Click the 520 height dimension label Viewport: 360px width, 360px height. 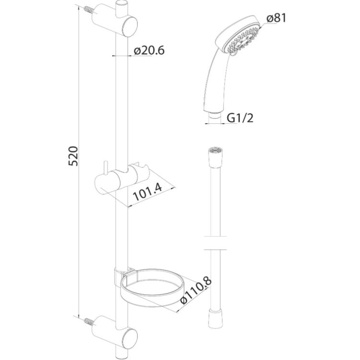(74, 156)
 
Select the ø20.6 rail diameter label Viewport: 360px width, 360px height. (149, 50)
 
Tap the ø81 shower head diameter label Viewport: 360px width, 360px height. (277, 18)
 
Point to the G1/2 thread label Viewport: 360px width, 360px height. (240, 118)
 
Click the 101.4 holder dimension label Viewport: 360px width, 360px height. (148, 192)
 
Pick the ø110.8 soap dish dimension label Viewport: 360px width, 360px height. (196, 291)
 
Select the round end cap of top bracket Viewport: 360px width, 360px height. (130, 26)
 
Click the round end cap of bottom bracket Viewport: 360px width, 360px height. (130, 338)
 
